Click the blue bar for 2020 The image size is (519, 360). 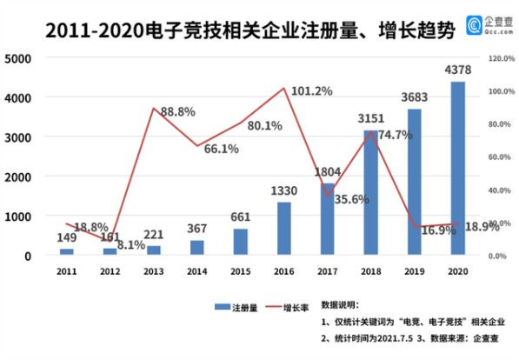(x=457, y=169)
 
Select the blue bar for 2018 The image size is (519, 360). (x=370, y=193)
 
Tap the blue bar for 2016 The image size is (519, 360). (x=283, y=229)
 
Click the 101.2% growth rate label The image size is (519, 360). (x=312, y=90)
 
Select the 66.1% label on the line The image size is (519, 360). (x=221, y=149)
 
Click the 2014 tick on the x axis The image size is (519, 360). (x=196, y=272)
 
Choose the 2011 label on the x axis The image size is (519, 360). (x=66, y=272)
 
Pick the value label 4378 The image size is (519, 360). (x=457, y=70)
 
